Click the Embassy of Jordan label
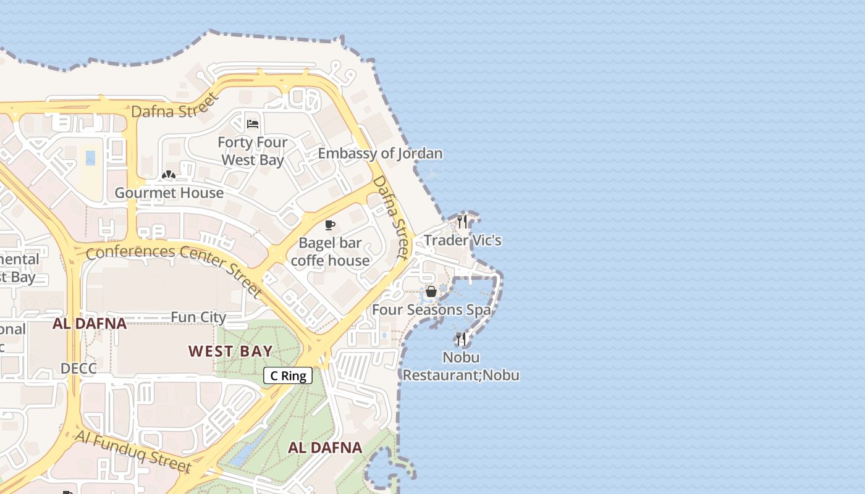(380, 153)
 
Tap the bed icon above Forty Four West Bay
(252, 124)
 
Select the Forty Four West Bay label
(252, 151)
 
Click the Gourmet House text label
(169, 193)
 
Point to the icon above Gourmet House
(168, 175)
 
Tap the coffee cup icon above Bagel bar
(330, 225)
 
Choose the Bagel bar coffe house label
(330, 251)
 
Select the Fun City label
(198, 317)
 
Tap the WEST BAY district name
(230, 351)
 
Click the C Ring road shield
(288, 375)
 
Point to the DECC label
(78, 369)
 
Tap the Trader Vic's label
(462, 240)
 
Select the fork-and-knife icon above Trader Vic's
(462, 222)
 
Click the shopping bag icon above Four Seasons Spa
(431, 291)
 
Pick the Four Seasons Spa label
(431, 310)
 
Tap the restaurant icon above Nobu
(461, 338)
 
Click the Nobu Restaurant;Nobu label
(461, 366)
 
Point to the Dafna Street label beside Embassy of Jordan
(392, 217)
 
